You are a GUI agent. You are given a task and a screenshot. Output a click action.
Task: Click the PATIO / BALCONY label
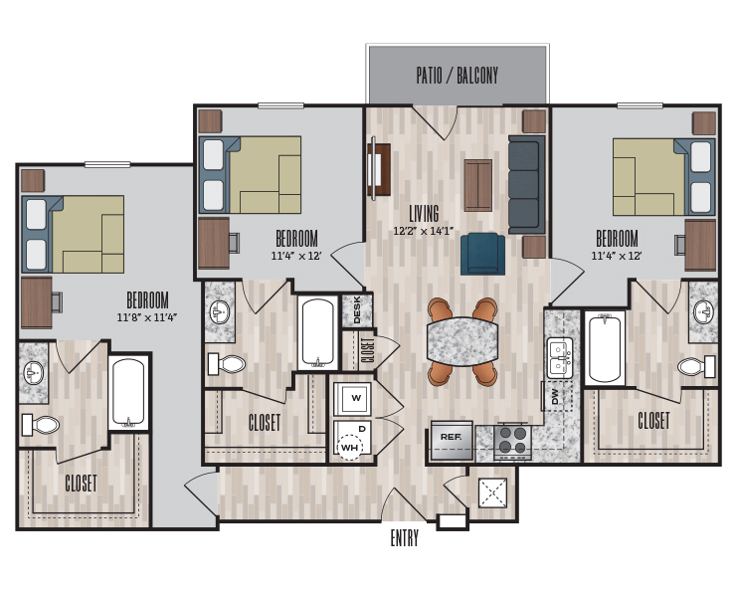click(457, 76)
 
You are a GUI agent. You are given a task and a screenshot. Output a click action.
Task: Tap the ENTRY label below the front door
click(404, 538)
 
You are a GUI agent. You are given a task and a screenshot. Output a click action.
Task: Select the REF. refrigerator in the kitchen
click(452, 440)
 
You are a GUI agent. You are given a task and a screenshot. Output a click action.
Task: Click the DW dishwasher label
click(555, 396)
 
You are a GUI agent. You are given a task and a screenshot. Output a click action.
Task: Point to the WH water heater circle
click(350, 447)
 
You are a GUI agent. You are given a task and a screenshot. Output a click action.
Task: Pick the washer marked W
click(352, 398)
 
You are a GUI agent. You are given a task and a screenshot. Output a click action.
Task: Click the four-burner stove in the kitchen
click(512, 442)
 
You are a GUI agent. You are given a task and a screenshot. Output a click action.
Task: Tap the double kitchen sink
click(560, 358)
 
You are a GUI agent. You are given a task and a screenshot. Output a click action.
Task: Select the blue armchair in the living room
click(482, 254)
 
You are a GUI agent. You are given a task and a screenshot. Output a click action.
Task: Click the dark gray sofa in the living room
click(527, 185)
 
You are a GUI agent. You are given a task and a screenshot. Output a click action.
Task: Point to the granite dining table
click(462, 341)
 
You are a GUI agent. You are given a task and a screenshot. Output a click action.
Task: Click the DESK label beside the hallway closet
click(357, 310)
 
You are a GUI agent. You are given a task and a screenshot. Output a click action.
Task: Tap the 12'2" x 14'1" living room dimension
click(423, 231)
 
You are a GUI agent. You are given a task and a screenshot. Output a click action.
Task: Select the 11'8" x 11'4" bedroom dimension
click(147, 317)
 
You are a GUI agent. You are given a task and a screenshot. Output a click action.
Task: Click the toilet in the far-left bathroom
click(41, 425)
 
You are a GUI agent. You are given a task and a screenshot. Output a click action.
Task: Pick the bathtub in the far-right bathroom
click(605, 348)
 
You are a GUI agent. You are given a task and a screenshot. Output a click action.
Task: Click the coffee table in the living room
click(478, 185)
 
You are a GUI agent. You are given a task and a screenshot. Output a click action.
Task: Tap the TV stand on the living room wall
click(379, 169)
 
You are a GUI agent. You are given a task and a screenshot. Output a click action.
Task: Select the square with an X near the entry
click(492, 492)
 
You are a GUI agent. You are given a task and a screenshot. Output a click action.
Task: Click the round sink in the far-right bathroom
click(703, 311)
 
